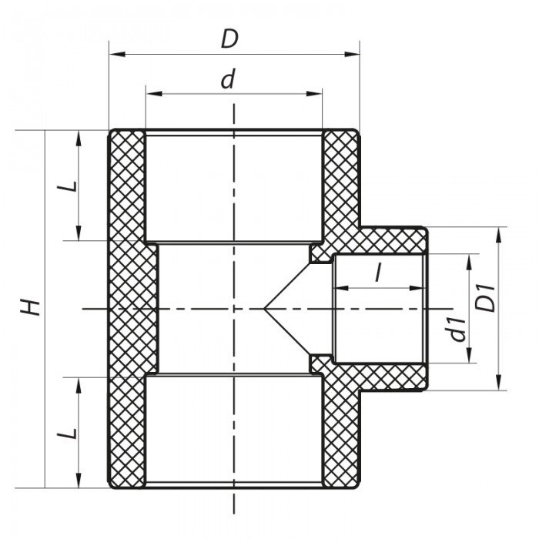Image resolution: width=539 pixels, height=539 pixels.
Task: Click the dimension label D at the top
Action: (229, 38)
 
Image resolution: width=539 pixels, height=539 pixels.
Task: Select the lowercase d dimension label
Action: (227, 80)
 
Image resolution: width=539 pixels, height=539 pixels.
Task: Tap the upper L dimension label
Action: (69, 186)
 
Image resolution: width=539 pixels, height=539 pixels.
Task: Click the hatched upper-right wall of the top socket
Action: (339, 177)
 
